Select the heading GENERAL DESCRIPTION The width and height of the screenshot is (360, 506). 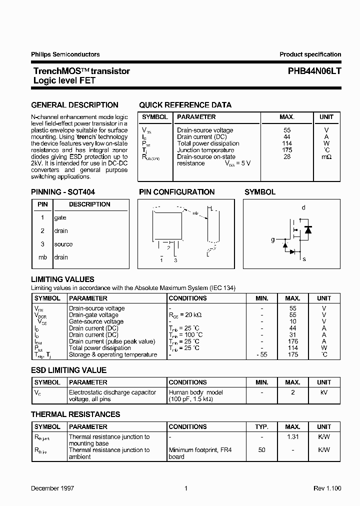pyautogui.click(x=74, y=105)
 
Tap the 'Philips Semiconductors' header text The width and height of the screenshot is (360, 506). pyautogui.click(x=65, y=54)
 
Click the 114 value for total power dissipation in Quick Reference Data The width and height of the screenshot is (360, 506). pyautogui.click(x=287, y=143)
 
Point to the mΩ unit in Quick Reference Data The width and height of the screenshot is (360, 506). pyautogui.click(x=326, y=157)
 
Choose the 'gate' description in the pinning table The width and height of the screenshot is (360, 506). pyautogui.click(x=60, y=218)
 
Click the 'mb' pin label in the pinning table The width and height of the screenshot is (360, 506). pyautogui.click(x=42, y=257)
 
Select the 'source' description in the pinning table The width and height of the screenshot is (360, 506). pyautogui.click(x=63, y=244)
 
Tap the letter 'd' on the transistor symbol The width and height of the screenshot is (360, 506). pyautogui.click(x=303, y=207)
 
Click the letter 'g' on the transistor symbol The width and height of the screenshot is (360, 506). pyautogui.click(x=273, y=240)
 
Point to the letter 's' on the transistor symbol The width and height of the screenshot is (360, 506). pyautogui.click(x=304, y=259)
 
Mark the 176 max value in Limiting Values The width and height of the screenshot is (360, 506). pyautogui.click(x=293, y=341)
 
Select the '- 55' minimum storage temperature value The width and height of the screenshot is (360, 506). pyautogui.click(x=261, y=354)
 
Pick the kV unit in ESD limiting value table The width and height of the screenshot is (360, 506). pyautogui.click(x=324, y=392)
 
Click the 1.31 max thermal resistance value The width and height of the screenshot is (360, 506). pyautogui.click(x=293, y=437)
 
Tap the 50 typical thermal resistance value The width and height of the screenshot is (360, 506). pyautogui.click(x=262, y=450)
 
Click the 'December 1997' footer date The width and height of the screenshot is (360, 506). pyautogui.click(x=51, y=488)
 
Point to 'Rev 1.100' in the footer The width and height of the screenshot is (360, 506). pyautogui.click(x=327, y=488)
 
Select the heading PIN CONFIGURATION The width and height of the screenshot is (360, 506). pyautogui.click(x=176, y=192)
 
